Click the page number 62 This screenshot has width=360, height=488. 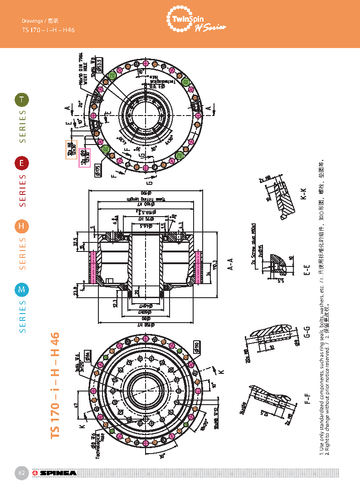click(x=21, y=473)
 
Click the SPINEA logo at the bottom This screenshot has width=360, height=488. click(x=54, y=474)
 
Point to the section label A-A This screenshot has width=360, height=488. click(x=230, y=264)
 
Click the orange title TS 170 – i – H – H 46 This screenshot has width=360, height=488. click(x=55, y=385)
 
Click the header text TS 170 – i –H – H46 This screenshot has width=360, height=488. click(x=48, y=30)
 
